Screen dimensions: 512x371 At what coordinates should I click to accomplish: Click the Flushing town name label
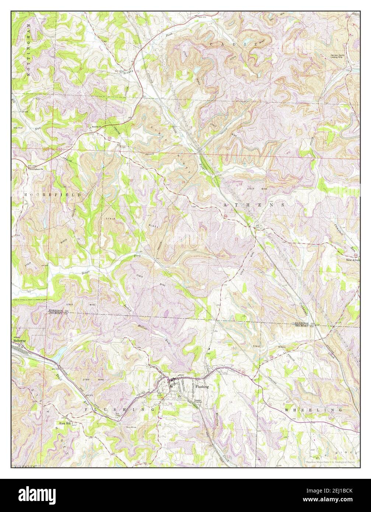click(x=202, y=387)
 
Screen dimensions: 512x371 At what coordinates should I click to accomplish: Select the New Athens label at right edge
click(x=353, y=260)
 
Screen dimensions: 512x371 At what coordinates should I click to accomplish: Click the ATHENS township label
click(x=253, y=204)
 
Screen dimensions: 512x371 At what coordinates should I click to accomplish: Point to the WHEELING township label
click(x=313, y=410)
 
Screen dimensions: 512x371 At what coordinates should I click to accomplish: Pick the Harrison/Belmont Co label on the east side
click(x=304, y=325)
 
